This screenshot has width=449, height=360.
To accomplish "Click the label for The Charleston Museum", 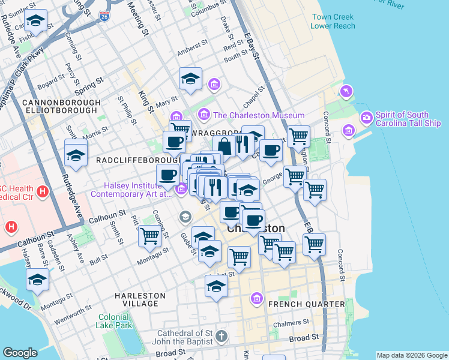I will click(x=259, y=115).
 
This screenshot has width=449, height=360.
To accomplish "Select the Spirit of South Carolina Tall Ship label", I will click(x=408, y=119).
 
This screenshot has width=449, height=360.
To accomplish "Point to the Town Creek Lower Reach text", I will click(x=333, y=22).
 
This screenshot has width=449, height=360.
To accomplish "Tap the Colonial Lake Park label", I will click(x=114, y=321).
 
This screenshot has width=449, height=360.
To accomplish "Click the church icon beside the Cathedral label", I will click(x=221, y=335).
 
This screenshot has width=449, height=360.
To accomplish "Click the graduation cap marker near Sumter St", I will click(x=36, y=22).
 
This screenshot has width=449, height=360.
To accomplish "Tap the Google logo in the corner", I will click(x=20, y=353).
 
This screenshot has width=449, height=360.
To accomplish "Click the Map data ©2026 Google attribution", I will click(x=411, y=355).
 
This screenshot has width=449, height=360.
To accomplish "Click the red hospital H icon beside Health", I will click(x=42, y=192).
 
